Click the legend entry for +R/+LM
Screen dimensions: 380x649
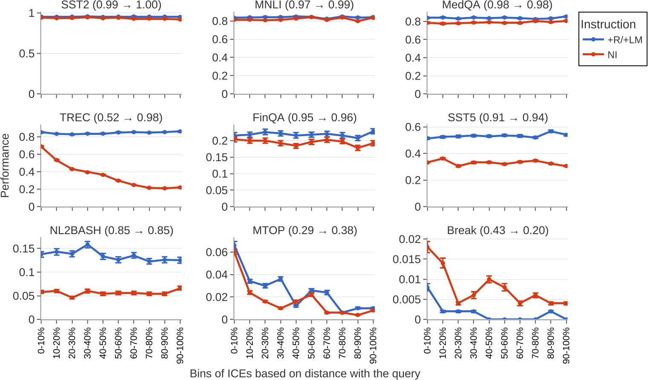click(x=612, y=40)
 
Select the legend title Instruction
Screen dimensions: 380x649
click(x=608, y=24)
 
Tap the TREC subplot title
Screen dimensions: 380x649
click(x=111, y=117)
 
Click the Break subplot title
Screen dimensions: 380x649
click(x=497, y=230)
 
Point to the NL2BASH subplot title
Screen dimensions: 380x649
click(x=111, y=230)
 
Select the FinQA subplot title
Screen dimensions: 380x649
click(x=304, y=117)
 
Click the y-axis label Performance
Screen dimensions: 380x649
click(x=5, y=165)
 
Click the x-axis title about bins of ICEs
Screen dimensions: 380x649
click(x=304, y=373)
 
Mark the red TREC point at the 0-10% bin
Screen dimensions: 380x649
click(x=41, y=147)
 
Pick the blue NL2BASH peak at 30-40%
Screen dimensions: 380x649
click(x=87, y=245)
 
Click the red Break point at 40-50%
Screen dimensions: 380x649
click(x=489, y=280)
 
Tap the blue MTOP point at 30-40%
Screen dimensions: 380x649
click(x=281, y=279)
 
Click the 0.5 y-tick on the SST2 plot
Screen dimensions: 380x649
click(x=26, y=54)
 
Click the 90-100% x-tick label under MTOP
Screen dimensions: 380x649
click(x=373, y=345)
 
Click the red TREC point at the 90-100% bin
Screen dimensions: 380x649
click(x=180, y=187)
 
